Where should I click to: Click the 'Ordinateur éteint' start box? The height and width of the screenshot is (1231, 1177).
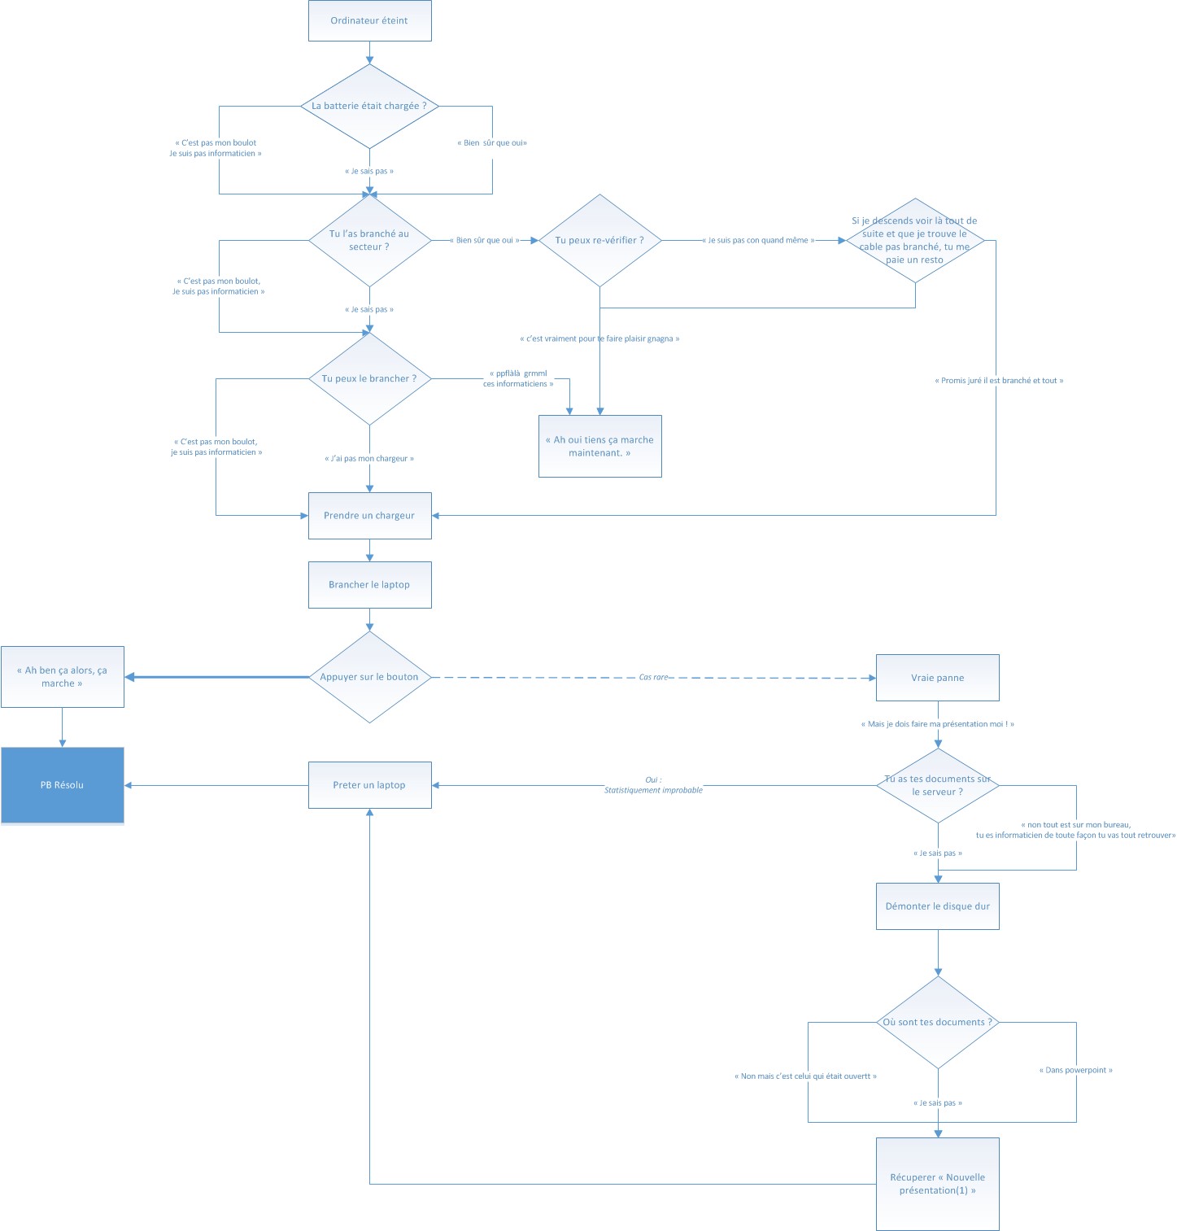pos(369,21)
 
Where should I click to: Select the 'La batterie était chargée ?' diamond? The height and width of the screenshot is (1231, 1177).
pos(369,106)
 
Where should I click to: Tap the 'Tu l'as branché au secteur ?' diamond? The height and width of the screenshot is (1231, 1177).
pos(369,240)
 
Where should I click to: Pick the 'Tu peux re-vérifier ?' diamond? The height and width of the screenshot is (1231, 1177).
pos(599,240)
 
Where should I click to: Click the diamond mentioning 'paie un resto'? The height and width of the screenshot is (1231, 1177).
pos(915,240)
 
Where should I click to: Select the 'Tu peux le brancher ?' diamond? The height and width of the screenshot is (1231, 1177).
pos(369,378)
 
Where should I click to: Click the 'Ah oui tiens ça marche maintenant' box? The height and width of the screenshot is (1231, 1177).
pos(599,446)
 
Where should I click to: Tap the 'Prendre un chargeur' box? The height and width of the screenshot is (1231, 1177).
pos(369,515)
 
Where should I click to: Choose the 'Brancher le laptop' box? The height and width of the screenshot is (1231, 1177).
pos(369,584)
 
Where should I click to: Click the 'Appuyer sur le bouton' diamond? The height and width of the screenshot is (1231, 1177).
pos(369,677)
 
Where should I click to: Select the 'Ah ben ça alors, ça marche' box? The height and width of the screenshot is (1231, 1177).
pos(62,677)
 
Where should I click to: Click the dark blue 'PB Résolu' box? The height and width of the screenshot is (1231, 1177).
pos(62,785)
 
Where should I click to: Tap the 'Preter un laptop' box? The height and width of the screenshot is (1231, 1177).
pos(369,785)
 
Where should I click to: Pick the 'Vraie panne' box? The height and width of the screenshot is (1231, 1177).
pos(937,678)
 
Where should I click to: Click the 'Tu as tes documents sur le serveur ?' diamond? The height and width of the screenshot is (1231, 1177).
pos(937,785)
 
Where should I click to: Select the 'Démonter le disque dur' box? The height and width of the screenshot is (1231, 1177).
pos(937,906)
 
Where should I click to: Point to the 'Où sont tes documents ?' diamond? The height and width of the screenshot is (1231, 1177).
pos(937,1022)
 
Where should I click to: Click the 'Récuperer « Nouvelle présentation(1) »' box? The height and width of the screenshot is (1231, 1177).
pos(937,1184)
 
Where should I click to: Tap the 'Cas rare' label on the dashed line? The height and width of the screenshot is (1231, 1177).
pos(653,677)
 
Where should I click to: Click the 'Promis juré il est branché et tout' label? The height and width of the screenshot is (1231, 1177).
pos(998,381)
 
